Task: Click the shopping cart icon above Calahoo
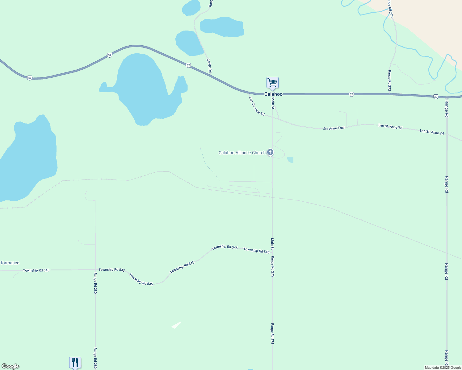tap(272, 83)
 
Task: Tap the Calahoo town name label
tap(273, 94)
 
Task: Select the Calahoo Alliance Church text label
tap(242, 153)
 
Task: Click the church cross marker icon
tap(270, 152)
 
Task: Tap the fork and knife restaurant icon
tap(75, 362)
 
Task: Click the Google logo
tap(10, 366)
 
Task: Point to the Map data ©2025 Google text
tap(443, 368)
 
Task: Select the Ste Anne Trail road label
tap(334, 128)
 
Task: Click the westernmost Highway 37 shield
tap(29, 78)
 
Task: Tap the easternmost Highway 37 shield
tap(435, 97)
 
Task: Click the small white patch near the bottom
tap(176, 325)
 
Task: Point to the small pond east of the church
tap(290, 160)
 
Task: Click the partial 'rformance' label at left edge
tap(10, 263)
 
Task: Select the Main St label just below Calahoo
tap(273, 103)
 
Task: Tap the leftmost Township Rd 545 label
tap(36, 270)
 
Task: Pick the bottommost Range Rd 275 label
tap(272, 334)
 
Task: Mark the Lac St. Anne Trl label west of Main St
tap(257, 106)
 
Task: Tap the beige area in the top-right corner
tap(432, 18)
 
